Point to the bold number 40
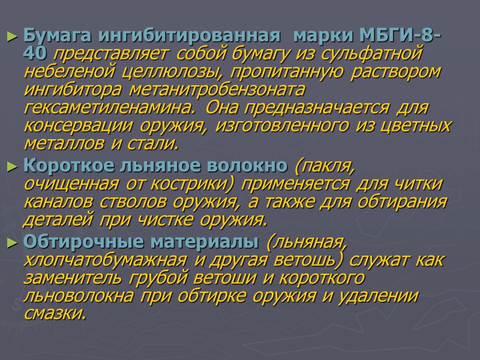click(36, 55)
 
